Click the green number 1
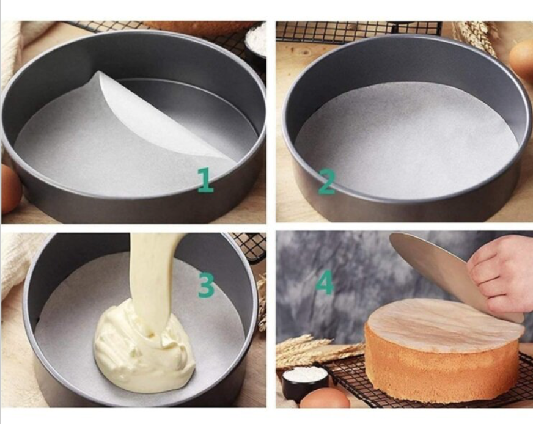coord(206,180)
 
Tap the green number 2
coord(326,181)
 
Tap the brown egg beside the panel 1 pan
coord(10,189)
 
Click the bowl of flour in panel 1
coord(255,41)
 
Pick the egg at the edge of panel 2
coord(521,58)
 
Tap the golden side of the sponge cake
coord(442,370)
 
